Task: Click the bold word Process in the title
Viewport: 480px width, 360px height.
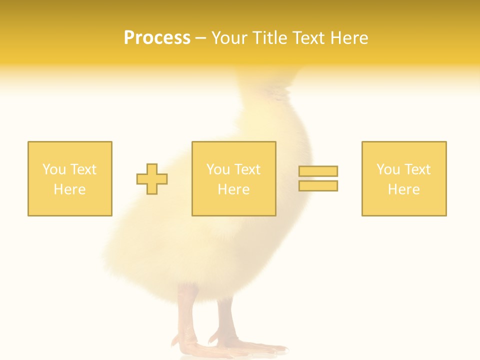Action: (x=157, y=38)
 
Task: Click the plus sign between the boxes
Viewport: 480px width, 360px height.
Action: (x=152, y=179)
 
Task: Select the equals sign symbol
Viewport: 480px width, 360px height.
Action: (x=318, y=178)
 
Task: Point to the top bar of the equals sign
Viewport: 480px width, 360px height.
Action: (x=318, y=171)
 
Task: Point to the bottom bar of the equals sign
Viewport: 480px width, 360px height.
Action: (x=318, y=186)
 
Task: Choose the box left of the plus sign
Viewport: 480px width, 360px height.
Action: (x=70, y=178)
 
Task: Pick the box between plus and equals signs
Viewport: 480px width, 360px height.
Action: (x=234, y=178)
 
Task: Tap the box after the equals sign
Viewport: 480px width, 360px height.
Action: (x=404, y=178)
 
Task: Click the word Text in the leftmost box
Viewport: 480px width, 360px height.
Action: (x=83, y=169)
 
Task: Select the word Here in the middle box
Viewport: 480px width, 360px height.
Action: (x=234, y=189)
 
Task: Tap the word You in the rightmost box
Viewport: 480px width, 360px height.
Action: (x=388, y=169)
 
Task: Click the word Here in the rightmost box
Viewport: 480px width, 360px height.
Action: (x=404, y=189)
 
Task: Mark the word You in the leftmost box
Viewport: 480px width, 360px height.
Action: (x=54, y=169)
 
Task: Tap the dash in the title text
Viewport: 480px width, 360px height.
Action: (x=201, y=38)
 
